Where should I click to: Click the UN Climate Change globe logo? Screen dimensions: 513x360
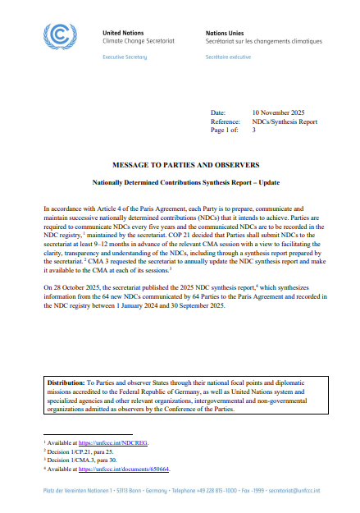pyautogui.click(x=62, y=37)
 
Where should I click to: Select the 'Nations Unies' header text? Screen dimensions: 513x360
pyautogui.click(x=223, y=31)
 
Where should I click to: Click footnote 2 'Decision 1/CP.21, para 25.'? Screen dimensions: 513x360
pyautogui.click(x=80, y=451)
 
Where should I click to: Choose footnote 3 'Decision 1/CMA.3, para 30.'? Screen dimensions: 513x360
pyautogui.click(x=82, y=460)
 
